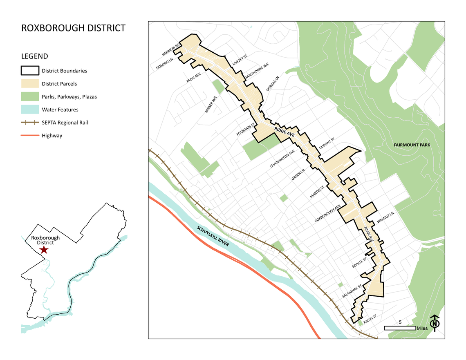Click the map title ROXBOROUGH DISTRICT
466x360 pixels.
pyautogui.click(x=73, y=28)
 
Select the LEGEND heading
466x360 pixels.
pyautogui.click(x=34, y=56)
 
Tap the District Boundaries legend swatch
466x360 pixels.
pyautogui.click(x=30, y=71)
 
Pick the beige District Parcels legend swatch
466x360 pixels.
pyautogui.click(x=30, y=84)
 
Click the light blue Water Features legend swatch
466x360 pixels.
pyautogui.click(x=30, y=110)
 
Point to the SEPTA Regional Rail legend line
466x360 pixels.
pyautogui.click(x=30, y=123)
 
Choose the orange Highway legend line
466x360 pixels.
pyautogui.click(x=30, y=136)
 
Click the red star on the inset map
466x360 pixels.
pyautogui.click(x=43, y=250)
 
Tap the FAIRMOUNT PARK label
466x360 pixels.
pyautogui.click(x=412, y=145)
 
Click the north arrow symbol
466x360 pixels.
pyautogui.click(x=436, y=323)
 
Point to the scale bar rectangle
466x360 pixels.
pyautogui.click(x=400, y=328)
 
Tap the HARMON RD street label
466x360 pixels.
pyautogui.click(x=171, y=49)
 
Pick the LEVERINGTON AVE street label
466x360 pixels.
pyautogui.click(x=282, y=159)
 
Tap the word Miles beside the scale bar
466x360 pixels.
pyautogui.click(x=422, y=329)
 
